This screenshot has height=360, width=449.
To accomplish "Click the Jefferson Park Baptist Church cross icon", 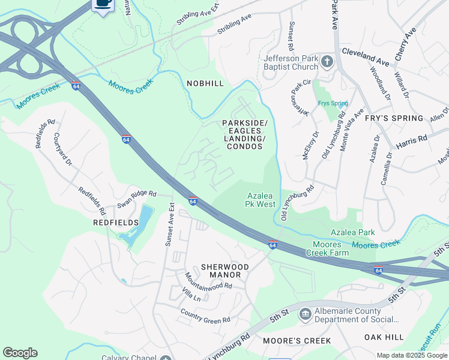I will coord(327,61).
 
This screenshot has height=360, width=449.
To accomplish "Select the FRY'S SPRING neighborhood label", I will coord(395,119).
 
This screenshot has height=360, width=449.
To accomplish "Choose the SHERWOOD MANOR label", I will coord(220,271).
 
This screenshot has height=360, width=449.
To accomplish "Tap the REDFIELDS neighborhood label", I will coord(115,222).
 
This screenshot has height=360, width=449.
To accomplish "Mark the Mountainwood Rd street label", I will coord(208,281).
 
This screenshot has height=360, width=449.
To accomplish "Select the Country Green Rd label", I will coord(205,316).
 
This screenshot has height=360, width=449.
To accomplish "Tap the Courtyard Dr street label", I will coord(63,149).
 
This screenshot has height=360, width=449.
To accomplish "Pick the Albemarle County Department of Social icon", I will coord(305,314).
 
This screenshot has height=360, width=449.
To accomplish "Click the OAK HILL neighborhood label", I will coord(384,338).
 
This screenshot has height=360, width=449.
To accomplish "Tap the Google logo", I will coord(20,353).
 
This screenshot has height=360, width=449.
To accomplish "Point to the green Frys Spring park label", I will coord(333,103).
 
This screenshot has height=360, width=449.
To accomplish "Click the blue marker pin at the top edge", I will coord(104,4).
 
